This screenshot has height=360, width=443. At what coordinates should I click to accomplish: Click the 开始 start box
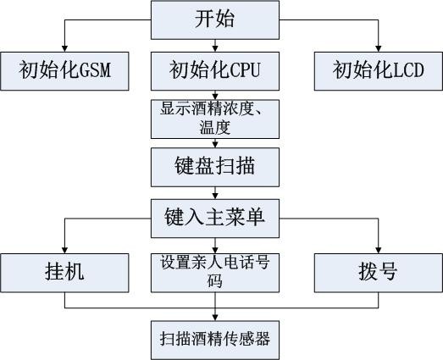214,19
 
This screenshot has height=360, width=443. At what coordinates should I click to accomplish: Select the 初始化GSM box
66,71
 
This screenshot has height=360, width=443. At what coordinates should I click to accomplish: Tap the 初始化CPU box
214,71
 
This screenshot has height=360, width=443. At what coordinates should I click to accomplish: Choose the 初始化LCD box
378,71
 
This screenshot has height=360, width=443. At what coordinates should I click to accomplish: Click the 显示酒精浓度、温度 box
214,119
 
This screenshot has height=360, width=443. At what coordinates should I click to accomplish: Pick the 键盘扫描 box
214,167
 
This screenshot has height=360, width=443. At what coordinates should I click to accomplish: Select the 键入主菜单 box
214,217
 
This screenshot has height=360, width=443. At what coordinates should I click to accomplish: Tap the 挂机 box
64,271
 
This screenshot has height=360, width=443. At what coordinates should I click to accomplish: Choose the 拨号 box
378,271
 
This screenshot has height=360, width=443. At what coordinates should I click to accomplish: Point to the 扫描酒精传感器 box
214,338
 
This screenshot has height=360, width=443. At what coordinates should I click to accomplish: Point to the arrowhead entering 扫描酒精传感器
214,315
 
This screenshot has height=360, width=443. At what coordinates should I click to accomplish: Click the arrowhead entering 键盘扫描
214,145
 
